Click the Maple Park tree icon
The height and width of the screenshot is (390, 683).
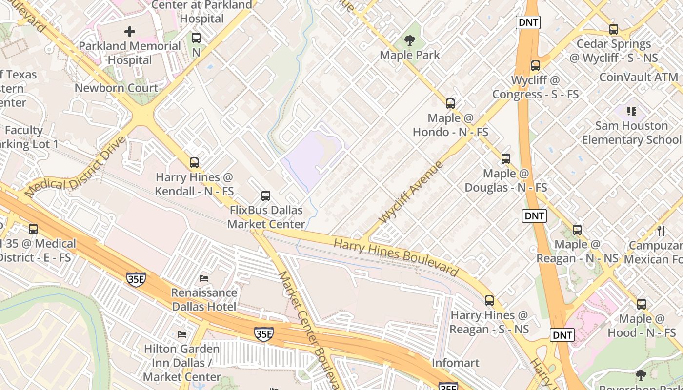point(409,40)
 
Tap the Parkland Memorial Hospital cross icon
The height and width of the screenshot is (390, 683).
point(130,32)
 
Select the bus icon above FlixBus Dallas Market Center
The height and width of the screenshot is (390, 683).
point(266,196)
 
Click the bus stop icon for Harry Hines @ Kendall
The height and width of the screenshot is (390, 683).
point(194,163)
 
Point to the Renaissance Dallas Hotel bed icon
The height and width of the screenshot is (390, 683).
point(204,278)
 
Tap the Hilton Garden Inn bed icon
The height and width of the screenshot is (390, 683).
point(182,334)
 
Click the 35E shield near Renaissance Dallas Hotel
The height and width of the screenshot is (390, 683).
point(136,279)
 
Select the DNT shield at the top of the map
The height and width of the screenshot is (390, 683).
point(528,22)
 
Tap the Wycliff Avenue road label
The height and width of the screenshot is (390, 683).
point(411,192)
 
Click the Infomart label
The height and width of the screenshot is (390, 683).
point(455,363)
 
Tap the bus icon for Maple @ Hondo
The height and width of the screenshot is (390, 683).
point(450,104)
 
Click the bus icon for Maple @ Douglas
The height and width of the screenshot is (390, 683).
point(506,159)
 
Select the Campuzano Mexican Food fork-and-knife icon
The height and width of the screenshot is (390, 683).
point(661,231)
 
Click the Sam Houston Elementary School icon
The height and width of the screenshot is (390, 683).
point(632,112)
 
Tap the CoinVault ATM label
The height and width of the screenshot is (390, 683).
point(638,77)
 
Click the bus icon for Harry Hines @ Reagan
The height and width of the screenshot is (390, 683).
point(489,301)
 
